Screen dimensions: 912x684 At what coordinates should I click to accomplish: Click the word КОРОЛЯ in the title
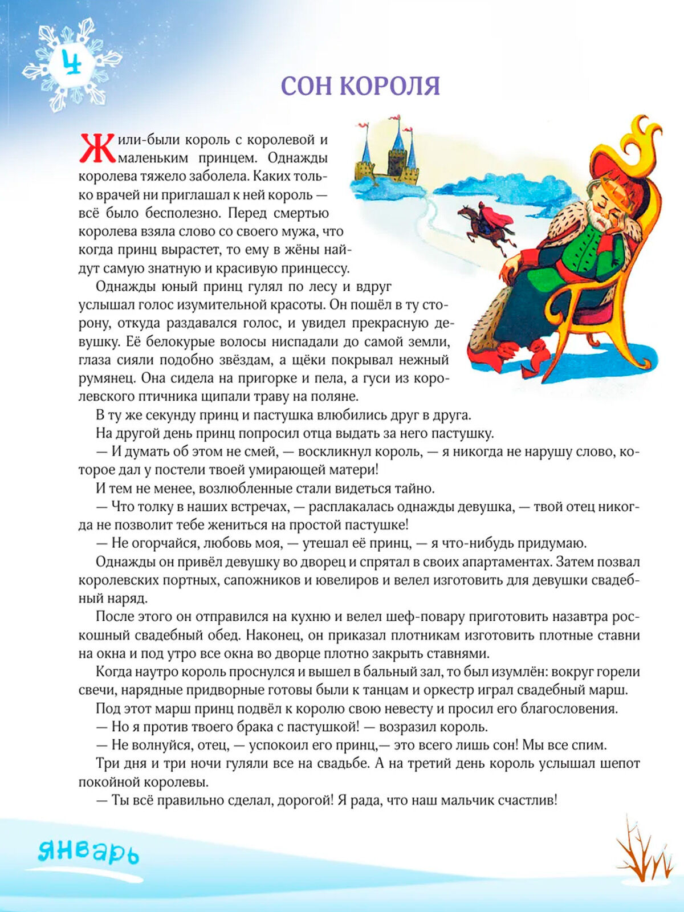(x=390, y=86)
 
